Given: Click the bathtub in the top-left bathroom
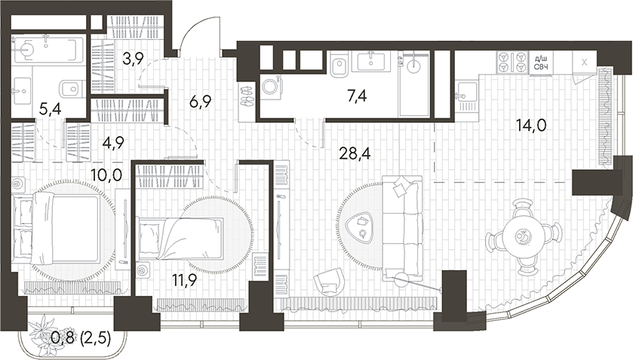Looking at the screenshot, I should tap(47, 51).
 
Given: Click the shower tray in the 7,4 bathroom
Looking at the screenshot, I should tap(414, 83).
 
